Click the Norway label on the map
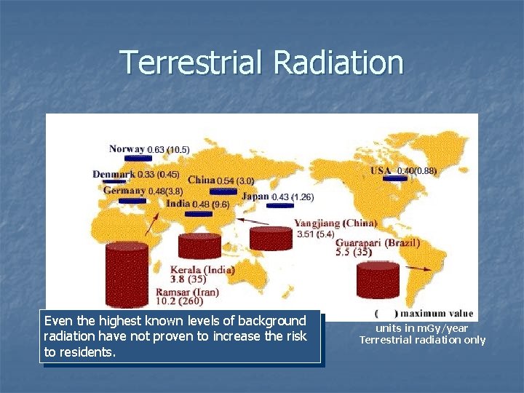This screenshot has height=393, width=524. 127,149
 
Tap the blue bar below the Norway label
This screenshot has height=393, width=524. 134,158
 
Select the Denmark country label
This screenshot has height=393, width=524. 114,175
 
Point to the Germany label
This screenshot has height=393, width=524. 124,191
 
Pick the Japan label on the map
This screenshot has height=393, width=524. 255,196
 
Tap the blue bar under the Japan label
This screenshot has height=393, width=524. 280,205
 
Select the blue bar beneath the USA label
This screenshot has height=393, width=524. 394,178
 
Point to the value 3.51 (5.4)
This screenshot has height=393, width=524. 315,234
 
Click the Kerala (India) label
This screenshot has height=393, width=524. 202,269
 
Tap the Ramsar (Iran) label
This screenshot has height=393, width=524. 187,292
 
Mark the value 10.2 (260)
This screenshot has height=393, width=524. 179,301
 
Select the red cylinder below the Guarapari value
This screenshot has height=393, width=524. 378,279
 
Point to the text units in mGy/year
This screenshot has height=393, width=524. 422,329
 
